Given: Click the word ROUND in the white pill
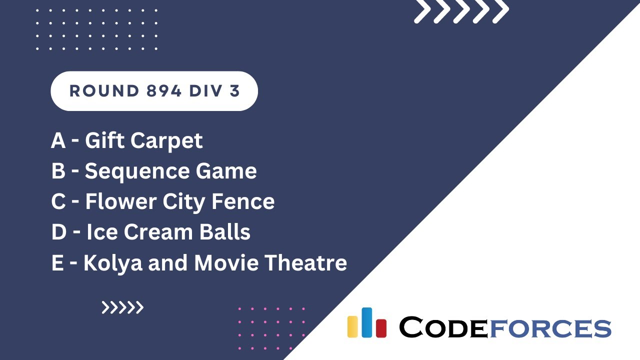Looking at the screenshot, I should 97,91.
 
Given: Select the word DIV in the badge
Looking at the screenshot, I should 203,91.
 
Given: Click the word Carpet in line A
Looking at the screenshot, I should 167,141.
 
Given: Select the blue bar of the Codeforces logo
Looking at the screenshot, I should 366,322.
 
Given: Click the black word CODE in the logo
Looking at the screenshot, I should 443,328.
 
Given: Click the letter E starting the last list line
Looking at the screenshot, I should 57,263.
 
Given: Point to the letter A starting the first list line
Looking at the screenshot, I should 58,141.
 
